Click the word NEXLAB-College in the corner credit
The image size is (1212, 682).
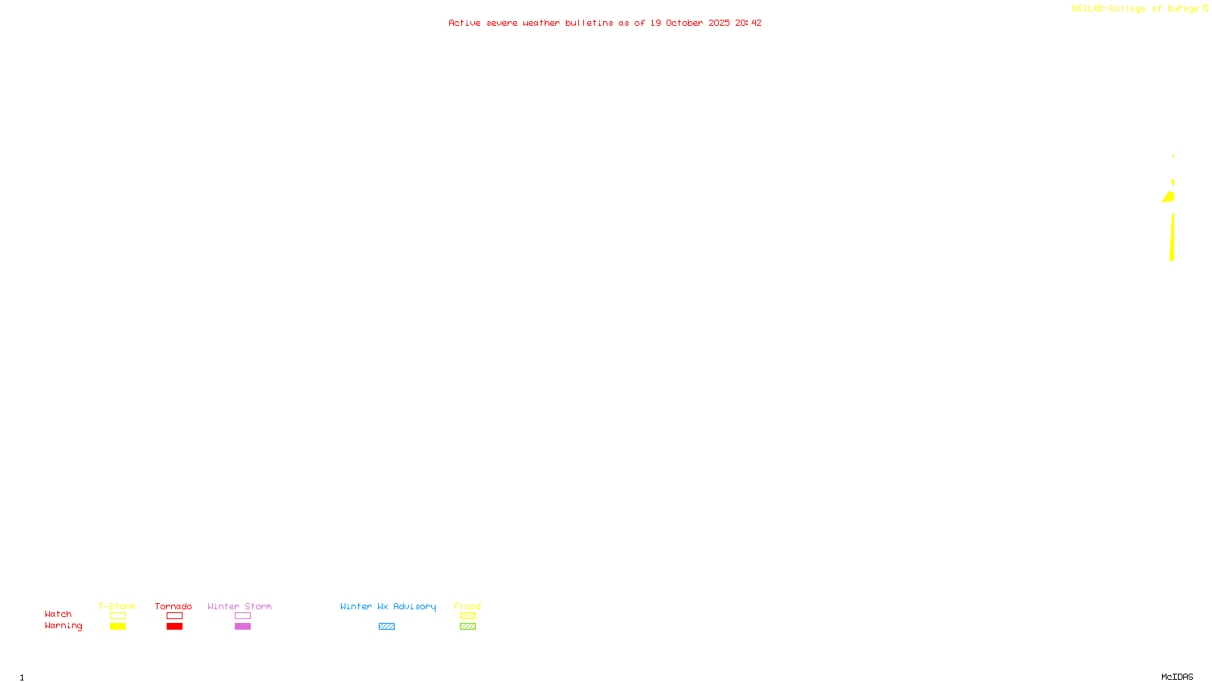1108,9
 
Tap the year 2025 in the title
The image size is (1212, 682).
719,23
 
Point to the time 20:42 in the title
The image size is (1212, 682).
748,23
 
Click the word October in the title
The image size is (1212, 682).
684,23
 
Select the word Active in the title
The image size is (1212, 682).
464,23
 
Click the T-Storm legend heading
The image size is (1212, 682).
117,606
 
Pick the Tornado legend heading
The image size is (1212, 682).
173,606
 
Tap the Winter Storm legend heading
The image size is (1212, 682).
239,606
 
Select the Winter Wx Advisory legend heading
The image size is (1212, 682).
388,606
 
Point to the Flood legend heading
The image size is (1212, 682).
467,606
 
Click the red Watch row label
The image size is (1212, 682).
58,615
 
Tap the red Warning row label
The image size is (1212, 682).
64,626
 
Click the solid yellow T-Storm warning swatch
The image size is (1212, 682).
117,627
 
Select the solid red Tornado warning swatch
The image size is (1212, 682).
174,627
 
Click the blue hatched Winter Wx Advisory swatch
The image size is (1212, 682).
386,627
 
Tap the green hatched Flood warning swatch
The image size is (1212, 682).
467,627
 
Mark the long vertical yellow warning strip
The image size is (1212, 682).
1172,237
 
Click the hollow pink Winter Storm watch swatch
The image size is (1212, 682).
242,616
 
